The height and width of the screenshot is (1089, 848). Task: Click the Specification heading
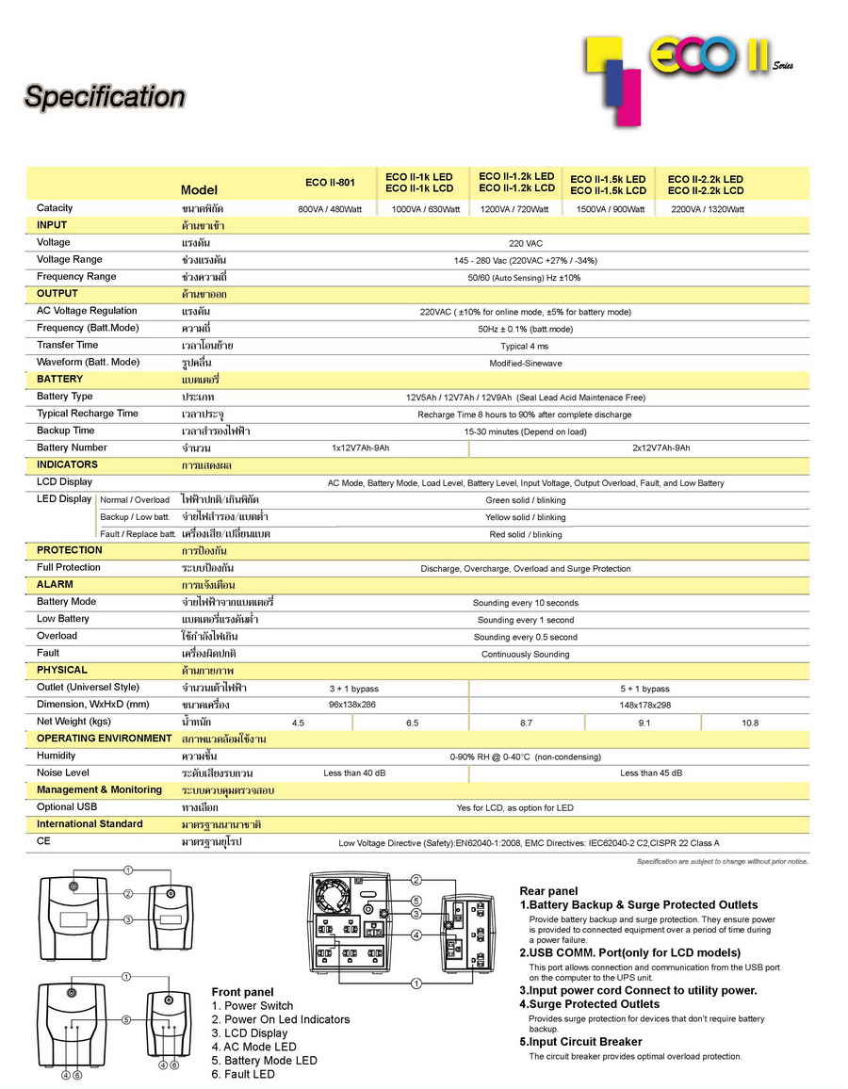pos(105,96)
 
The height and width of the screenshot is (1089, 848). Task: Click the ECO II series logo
pos(688,66)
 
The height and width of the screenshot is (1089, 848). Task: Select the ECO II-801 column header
pos(330,183)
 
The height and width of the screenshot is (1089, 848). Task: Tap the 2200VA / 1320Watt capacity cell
pos(707,209)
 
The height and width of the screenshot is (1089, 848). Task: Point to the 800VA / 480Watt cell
pos(332,209)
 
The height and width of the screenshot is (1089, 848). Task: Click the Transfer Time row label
pos(67,345)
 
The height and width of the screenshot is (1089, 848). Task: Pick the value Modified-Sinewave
pos(525,363)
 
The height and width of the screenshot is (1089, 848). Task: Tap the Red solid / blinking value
pos(525,534)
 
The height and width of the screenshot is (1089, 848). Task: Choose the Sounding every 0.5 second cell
pos(525,637)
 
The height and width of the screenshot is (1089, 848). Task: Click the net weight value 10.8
pos(749,723)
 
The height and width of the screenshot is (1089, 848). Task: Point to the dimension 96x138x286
pos(351,705)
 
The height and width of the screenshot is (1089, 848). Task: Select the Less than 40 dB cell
pos(354,773)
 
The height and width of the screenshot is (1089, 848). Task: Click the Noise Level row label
pos(63,772)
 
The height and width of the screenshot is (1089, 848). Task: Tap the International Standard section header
pos(90,823)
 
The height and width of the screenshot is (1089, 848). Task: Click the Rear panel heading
pos(548,891)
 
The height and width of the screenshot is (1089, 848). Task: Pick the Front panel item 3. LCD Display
pos(250,1033)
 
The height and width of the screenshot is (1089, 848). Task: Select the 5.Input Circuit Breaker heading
pos(580,1042)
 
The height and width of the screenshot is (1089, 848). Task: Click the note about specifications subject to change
pos(722,861)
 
